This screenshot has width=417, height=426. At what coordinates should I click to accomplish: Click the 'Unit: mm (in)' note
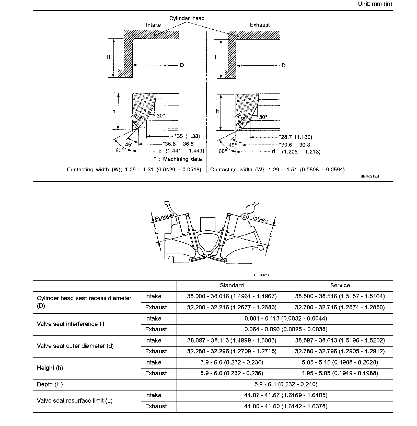[x=375, y=4]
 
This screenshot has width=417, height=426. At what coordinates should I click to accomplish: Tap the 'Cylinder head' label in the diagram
[x=187, y=18]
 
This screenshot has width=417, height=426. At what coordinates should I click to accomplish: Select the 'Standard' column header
[x=231, y=286]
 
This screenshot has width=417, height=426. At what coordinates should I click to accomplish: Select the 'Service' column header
[x=340, y=286]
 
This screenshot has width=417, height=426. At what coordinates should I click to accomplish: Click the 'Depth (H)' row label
[x=50, y=384]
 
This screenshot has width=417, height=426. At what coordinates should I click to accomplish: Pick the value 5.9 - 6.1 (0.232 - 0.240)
[x=286, y=384]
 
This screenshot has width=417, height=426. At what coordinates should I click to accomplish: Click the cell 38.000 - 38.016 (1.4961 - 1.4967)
[x=231, y=296]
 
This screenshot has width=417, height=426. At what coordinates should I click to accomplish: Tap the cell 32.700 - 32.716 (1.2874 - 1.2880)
[x=340, y=307]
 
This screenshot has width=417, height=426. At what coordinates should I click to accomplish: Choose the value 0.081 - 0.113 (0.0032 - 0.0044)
[x=286, y=318]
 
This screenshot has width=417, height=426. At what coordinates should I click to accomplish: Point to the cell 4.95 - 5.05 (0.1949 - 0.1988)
[x=340, y=373]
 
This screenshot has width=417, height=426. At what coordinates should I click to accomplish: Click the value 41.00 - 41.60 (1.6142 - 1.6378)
[x=286, y=406]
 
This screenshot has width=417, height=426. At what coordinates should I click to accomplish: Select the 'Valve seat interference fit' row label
[x=71, y=324]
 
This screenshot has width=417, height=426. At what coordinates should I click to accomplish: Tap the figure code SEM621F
[x=262, y=275]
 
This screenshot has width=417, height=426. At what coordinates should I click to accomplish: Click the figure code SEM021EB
[x=370, y=176]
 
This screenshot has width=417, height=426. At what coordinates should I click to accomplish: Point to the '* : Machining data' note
[x=178, y=159]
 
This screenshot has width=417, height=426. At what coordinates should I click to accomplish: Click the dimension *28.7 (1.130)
[x=295, y=137]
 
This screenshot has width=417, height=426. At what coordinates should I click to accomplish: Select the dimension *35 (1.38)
[x=187, y=136]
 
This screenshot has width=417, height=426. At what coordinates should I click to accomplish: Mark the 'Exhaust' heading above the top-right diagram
[x=260, y=25]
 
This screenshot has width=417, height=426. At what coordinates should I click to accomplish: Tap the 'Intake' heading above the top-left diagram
[x=153, y=25]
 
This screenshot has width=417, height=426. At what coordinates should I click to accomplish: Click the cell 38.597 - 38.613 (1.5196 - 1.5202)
[x=340, y=340]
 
